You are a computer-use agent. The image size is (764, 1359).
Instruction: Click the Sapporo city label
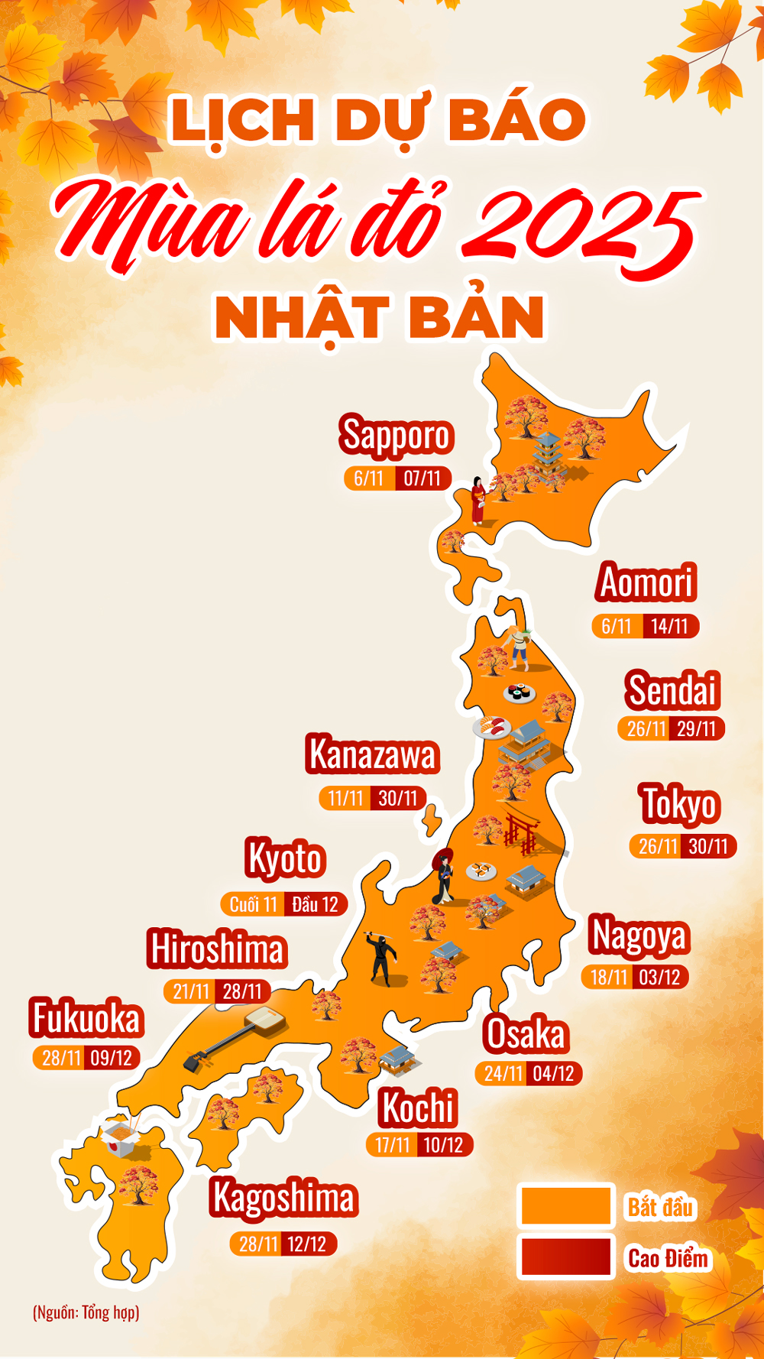[x=397, y=436]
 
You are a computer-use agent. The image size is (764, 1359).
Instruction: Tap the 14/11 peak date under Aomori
[x=670, y=627]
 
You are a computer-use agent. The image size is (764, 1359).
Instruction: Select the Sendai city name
[x=672, y=690]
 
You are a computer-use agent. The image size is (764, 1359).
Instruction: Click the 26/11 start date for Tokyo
[x=657, y=846]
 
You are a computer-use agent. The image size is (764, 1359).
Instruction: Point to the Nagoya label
[x=639, y=936]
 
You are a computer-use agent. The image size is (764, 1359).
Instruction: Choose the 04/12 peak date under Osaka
[x=553, y=1074]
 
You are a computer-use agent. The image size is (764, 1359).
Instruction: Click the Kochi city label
[x=418, y=1108]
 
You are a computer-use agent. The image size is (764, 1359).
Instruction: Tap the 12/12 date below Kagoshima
[x=307, y=1244]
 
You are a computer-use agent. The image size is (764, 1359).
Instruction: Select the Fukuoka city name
[x=86, y=1018]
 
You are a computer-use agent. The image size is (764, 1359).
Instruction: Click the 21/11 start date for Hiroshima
[x=191, y=991]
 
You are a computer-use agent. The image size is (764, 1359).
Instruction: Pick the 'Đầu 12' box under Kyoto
[x=315, y=905]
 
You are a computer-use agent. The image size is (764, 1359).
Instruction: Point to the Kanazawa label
[x=372, y=754]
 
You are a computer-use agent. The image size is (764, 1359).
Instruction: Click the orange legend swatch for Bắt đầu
[x=565, y=1206]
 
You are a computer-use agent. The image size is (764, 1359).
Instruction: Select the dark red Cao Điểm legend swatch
[x=565, y=1257]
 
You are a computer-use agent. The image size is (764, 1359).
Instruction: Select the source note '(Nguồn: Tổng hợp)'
[x=86, y=1312]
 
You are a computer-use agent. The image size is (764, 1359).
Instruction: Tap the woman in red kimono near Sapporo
[x=478, y=501]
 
